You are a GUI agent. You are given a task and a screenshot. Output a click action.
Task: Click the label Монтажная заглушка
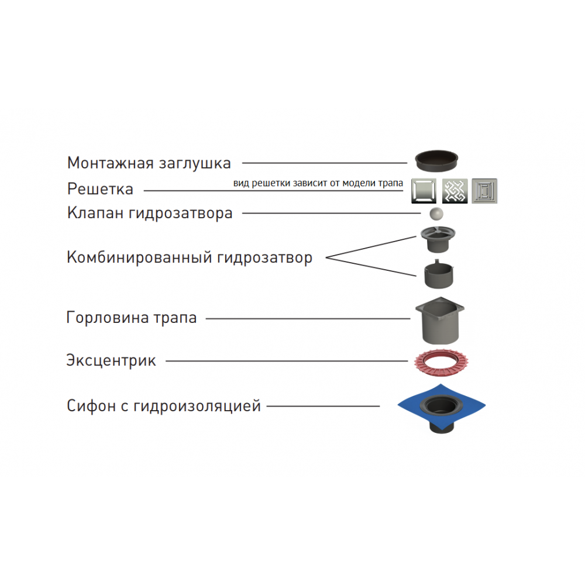coord(149,163)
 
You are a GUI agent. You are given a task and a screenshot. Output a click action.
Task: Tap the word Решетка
coord(100,190)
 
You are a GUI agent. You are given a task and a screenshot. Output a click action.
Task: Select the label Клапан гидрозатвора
coord(150,213)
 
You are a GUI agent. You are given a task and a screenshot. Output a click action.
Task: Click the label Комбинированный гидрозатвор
coord(190,257)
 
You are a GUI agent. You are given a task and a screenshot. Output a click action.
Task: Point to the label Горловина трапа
coord(131,318)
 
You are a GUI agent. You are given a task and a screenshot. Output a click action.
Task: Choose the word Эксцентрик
coord(111,360)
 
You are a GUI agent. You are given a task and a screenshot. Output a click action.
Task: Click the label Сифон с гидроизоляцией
coord(164,405)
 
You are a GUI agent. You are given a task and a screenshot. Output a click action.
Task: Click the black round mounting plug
coord(438,158)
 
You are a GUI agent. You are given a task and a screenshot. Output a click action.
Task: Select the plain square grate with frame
coord(424,190)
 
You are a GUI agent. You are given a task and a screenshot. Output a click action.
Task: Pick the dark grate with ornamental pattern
coord(455,190)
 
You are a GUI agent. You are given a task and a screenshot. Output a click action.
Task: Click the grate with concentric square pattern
coord(484,190)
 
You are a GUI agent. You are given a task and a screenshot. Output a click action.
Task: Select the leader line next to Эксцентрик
coord(287,361)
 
